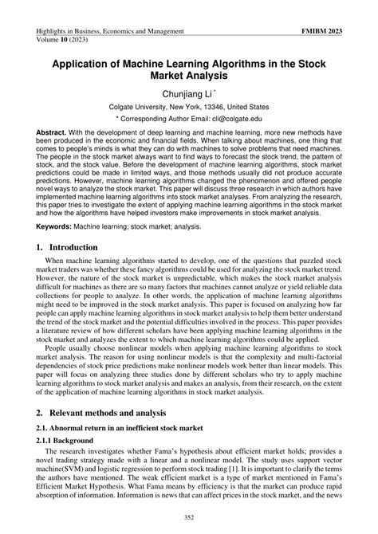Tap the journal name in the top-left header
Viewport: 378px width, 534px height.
coord(111,31)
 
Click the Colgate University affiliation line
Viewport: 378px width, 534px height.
coord(189,107)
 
